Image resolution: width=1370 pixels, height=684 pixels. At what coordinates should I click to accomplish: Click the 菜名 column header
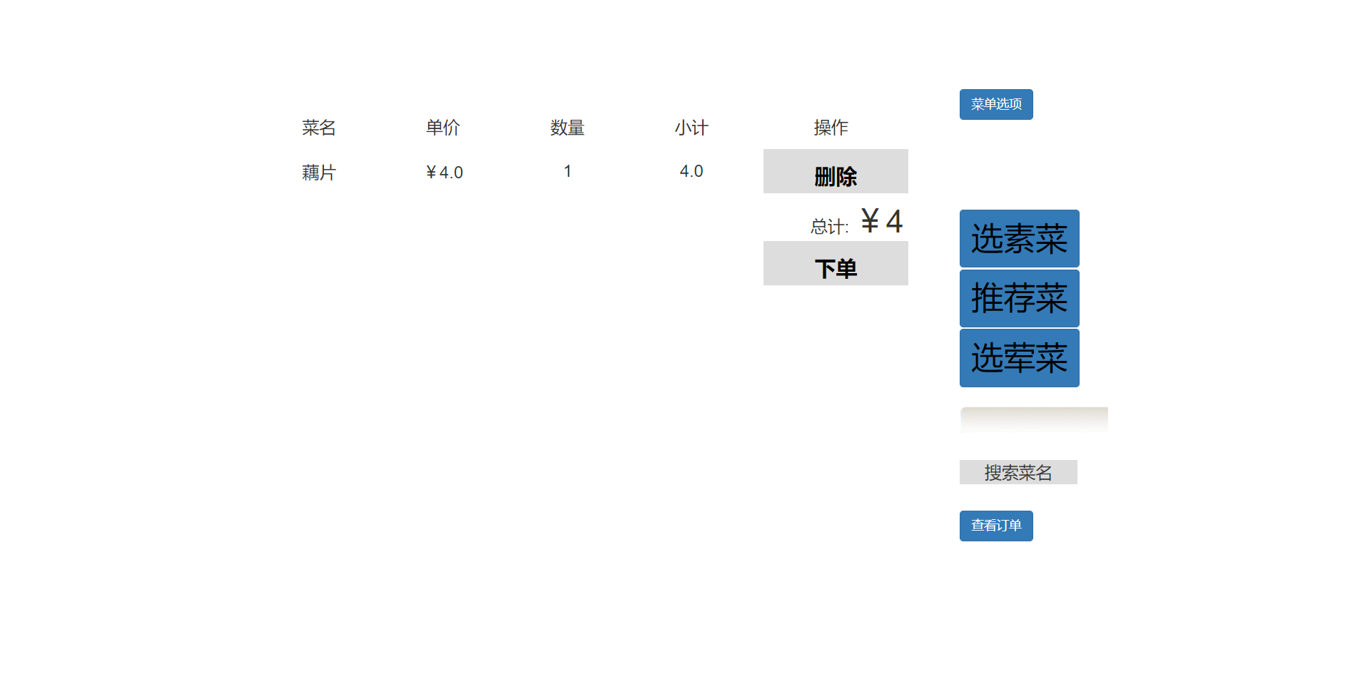(x=318, y=128)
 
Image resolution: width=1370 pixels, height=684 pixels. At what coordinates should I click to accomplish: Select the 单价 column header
(x=442, y=128)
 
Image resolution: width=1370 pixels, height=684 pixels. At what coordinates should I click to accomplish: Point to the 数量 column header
(x=567, y=128)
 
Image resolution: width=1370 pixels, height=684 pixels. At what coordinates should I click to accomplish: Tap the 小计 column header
(x=691, y=128)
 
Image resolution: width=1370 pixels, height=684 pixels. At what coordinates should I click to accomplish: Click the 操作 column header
(x=831, y=128)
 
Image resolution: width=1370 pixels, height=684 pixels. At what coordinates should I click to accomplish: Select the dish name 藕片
(x=318, y=173)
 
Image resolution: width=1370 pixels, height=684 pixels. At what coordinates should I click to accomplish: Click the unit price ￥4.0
(x=444, y=173)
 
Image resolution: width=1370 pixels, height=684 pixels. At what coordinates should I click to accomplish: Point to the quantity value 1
(x=567, y=171)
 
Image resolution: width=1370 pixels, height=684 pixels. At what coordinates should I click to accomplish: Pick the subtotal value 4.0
(x=691, y=171)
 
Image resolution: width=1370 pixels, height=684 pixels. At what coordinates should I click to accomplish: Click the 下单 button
(x=836, y=263)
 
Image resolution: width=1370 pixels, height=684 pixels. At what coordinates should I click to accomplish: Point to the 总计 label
(x=829, y=227)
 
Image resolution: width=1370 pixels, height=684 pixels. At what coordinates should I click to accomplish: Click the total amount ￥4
(x=881, y=221)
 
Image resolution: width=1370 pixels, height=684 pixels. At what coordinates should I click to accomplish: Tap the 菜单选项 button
(x=996, y=104)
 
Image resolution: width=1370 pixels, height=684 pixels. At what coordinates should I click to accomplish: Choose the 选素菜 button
(x=1019, y=238)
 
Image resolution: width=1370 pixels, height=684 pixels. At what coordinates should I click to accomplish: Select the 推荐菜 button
(x=1019, y=298)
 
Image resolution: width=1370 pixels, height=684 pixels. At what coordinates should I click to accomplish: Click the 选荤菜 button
(x=1019, y=358)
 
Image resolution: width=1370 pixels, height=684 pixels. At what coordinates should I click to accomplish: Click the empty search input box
(x=1034, y=420)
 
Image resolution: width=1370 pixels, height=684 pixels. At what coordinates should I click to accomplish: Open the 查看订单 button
(x=996, y=526)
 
